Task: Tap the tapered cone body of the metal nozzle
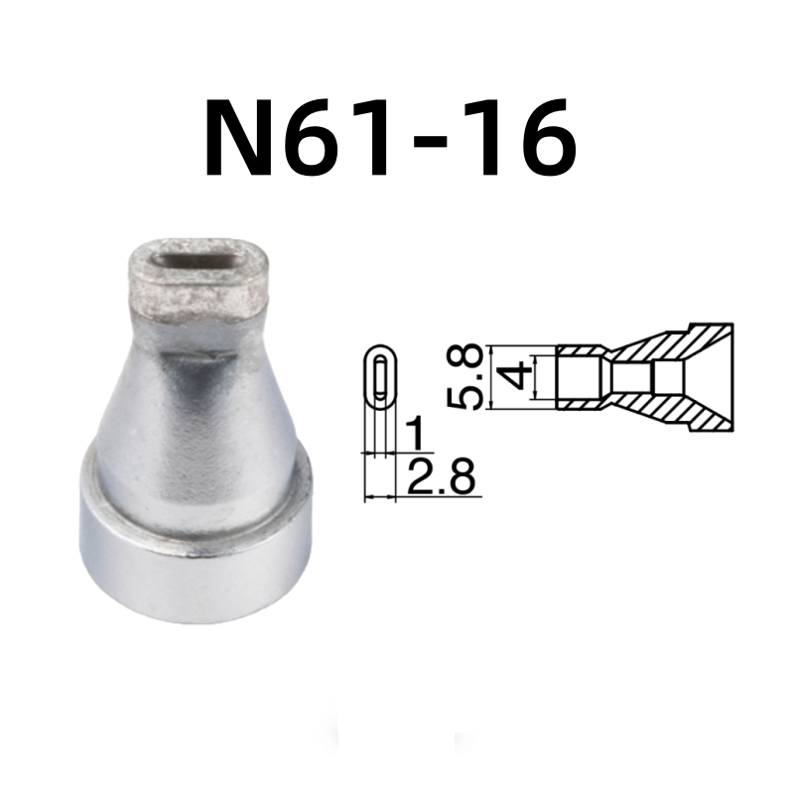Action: (x=198, y=397)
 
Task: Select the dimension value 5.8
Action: (x=465, y=377)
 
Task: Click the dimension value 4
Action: (x=513, y=377)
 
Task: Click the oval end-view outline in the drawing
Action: (x=379, y=377)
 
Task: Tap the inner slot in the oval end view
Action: (x=378, y=377)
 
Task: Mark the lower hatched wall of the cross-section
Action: (x=675, y=410)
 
